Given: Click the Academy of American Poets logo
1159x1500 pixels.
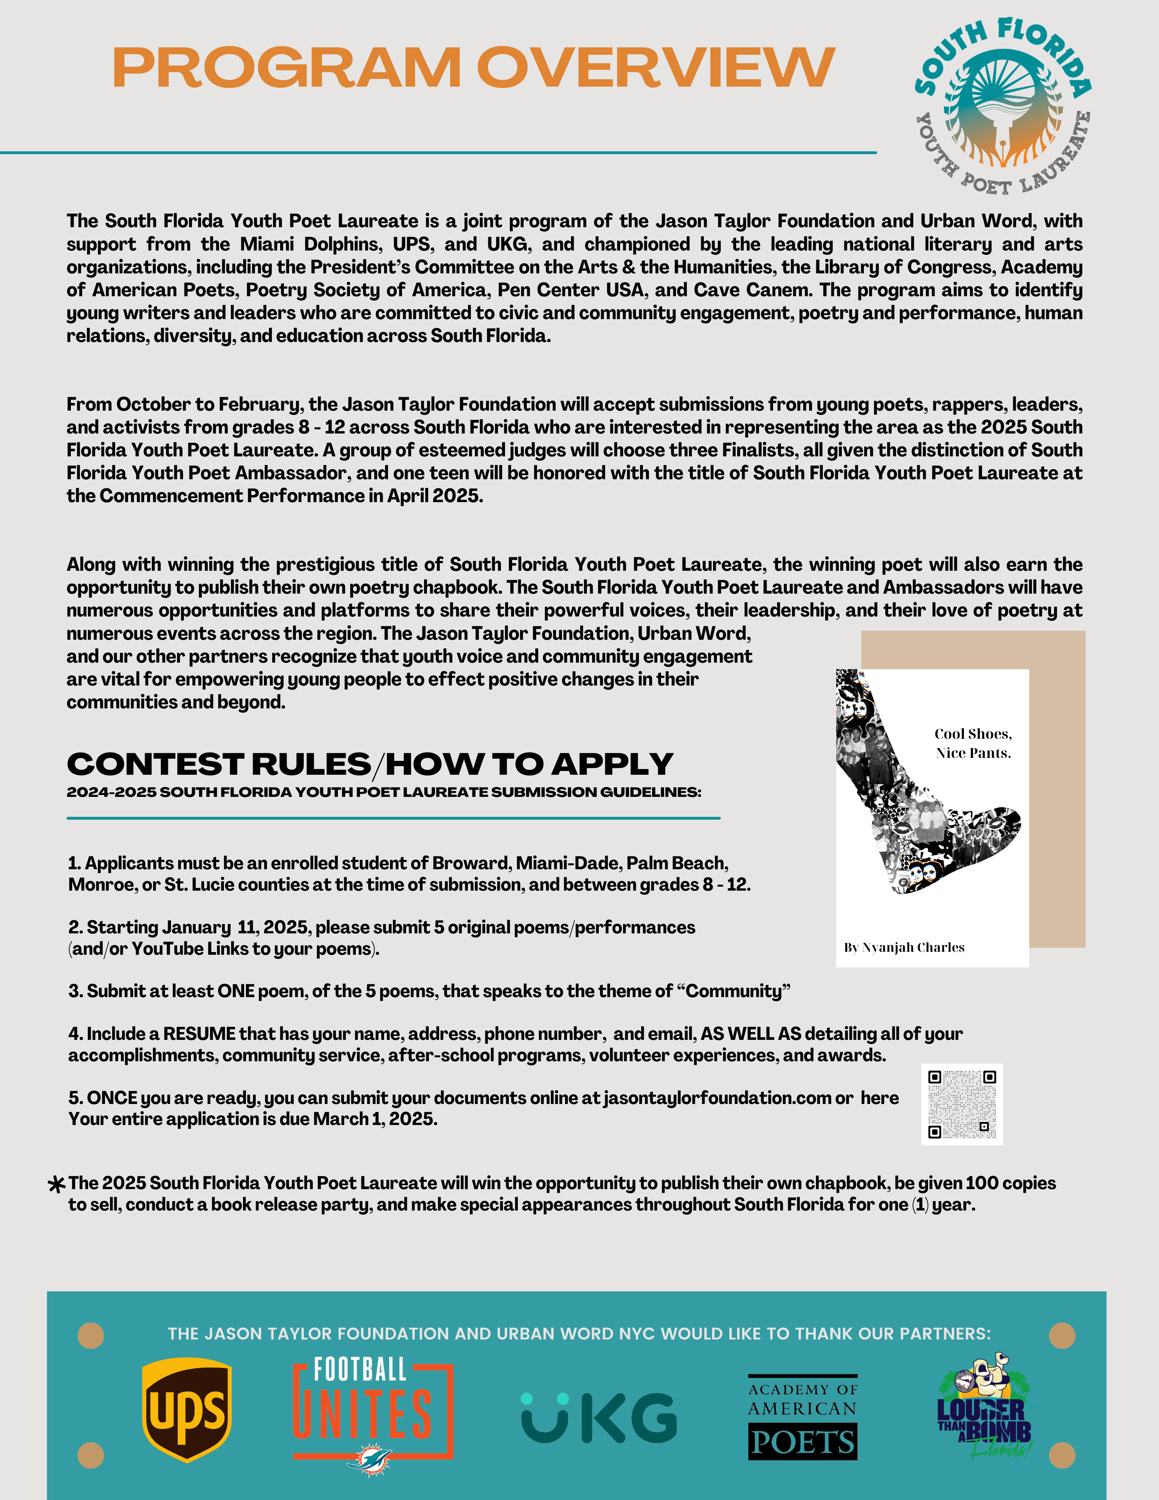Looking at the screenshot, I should pos(802,1416).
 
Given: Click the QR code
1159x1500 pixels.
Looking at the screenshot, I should pos(961,1104).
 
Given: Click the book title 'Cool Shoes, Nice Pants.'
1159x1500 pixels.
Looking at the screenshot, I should pos(973,743).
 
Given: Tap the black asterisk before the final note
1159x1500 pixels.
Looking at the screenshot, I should pos(56,1184).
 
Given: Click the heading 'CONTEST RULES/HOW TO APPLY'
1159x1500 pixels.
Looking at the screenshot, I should pos(369,764).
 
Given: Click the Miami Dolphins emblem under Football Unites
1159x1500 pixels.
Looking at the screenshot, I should pos(369,1459).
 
